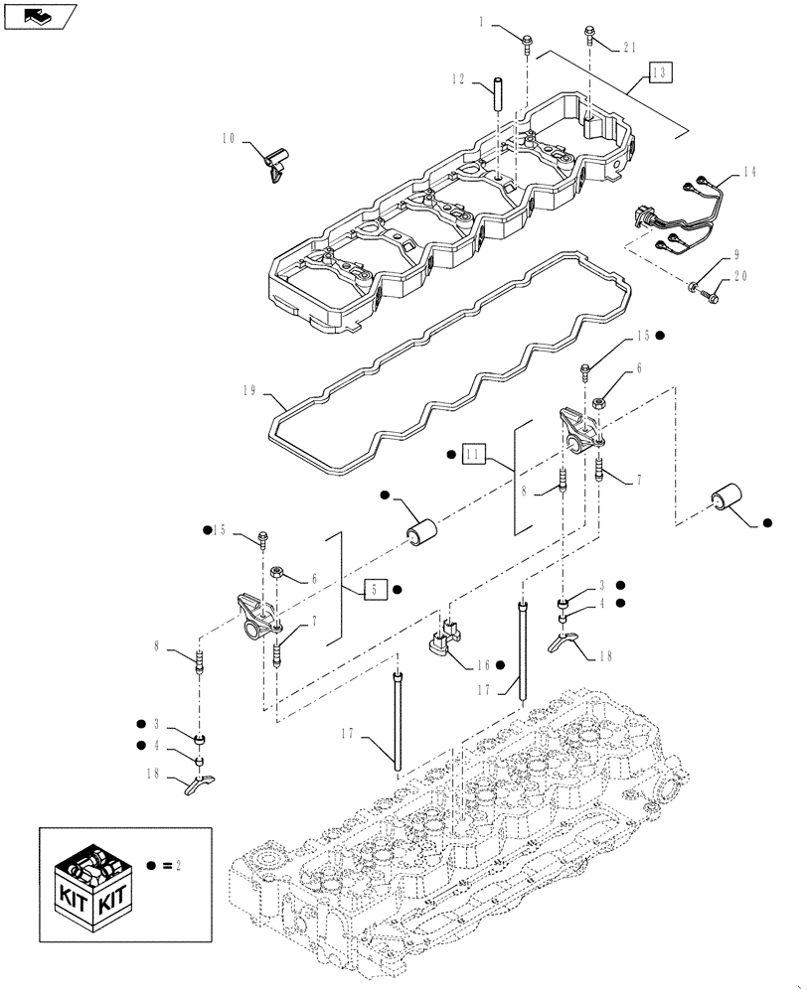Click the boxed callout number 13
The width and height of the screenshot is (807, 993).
[662, 71]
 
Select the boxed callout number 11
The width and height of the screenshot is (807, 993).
[474, 455]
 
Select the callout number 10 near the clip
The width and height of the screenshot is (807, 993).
[229, 142]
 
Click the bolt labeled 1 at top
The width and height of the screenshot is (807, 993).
[526, 41]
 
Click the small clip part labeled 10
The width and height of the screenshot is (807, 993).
[273, 161]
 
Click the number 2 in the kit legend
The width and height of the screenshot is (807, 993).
[181, 866]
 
